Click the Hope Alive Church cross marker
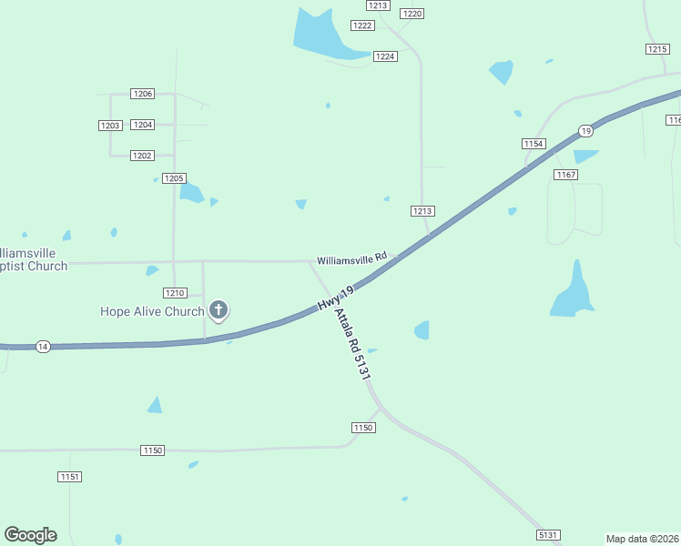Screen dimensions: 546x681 (x=219, y=310)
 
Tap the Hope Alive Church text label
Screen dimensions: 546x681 (x=152, y=311)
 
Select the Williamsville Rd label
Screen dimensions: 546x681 (x=352, y=259)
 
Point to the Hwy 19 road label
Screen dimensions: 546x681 (x=335, y=297)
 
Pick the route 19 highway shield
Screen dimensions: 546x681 (x=585, y=131)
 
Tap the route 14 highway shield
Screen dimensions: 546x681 (x=42, y=347)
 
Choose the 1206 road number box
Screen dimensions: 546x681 (x=142, y=94)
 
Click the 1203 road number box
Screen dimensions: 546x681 (x=110, y=125)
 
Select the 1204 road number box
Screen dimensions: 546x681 (x=142, y=125)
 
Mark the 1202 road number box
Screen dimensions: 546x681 (x=142, y=156)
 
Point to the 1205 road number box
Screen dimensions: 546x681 (x=174, y=178)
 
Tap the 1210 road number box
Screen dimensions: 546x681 (x=175, y=293)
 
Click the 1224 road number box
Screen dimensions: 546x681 (x=385, y=56)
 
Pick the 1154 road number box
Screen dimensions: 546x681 (x=534, y=144)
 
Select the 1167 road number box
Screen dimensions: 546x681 (x=564, y=174)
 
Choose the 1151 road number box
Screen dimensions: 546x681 (x=70, y=477)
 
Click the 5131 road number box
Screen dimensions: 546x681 (x=548, y=535)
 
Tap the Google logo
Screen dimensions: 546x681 (x=30, y=535)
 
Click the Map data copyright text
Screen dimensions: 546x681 (x=643, y=538)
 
